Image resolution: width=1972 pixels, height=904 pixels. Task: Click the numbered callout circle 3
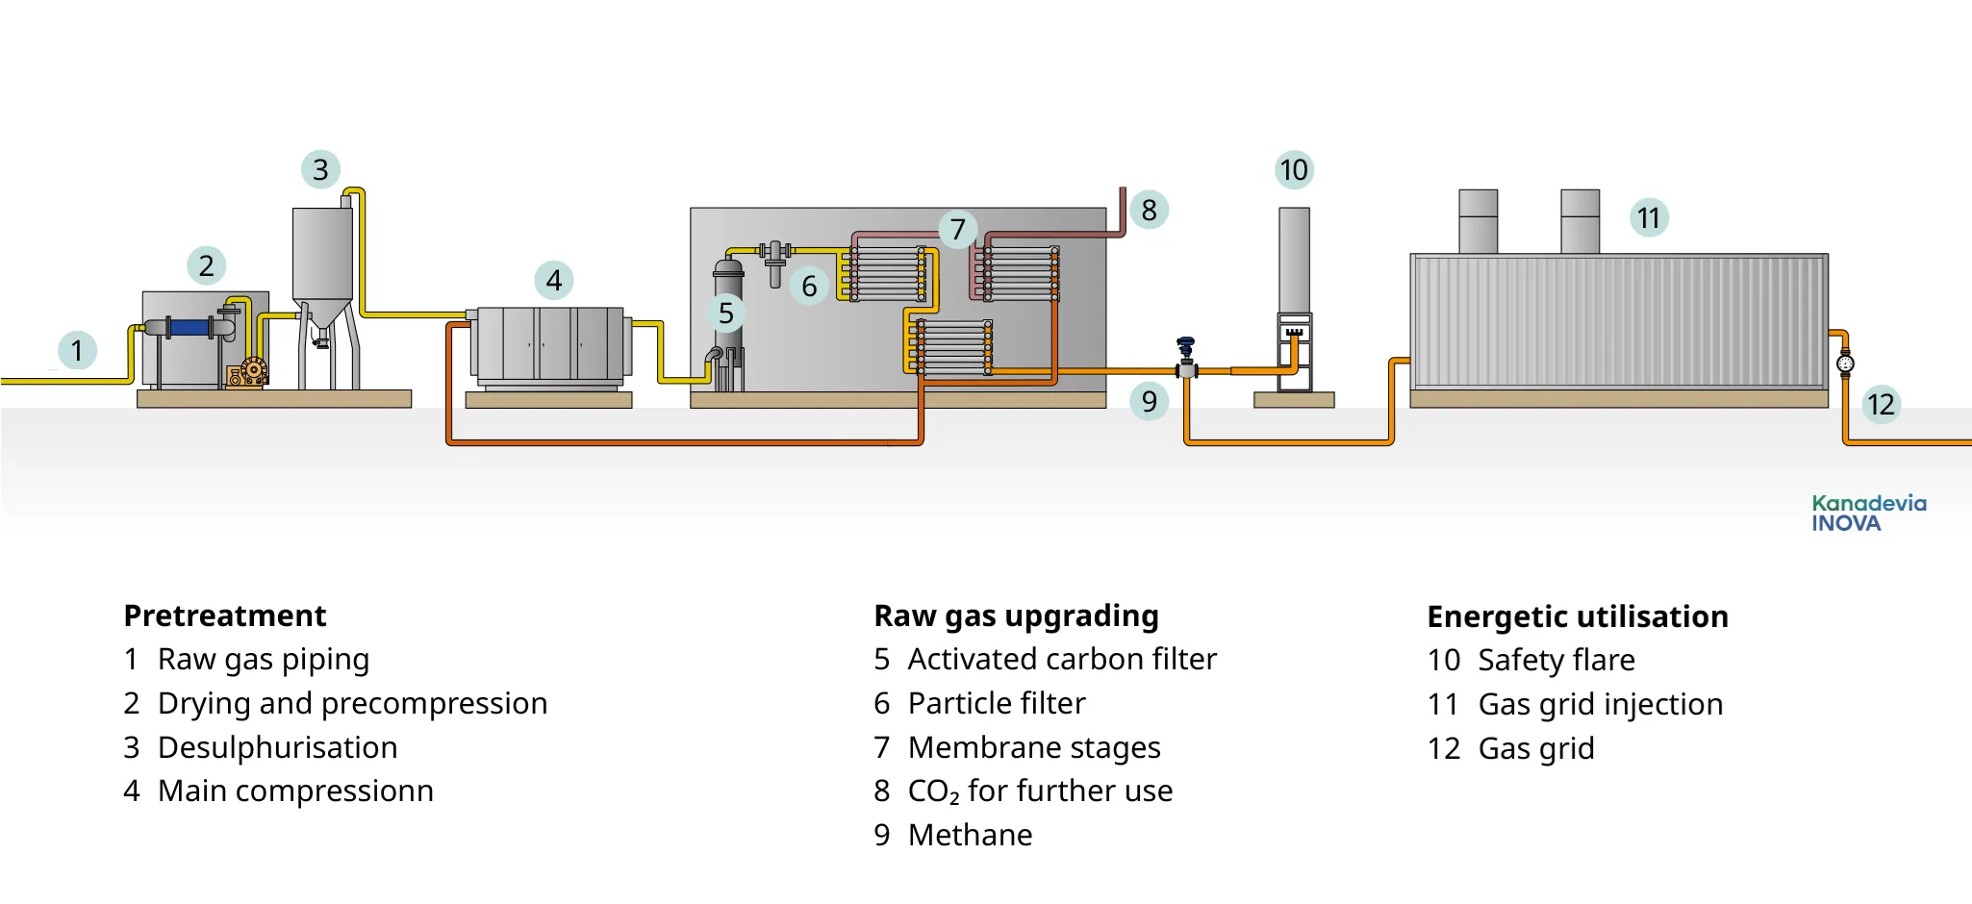[x=320, y=169]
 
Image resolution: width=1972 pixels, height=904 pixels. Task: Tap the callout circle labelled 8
[x=1149, y=210]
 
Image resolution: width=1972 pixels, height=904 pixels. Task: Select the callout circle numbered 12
[x=1881, y=404]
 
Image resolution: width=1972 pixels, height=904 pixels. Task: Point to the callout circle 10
[x=1294, y=170]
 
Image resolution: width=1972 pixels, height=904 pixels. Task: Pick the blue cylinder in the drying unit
[x=190, y=328]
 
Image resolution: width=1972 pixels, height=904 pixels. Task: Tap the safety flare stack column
[x=1294, y=260]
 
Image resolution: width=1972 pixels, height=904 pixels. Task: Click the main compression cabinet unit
[x=549, y=344]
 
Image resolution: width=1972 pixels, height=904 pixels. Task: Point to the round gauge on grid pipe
[x=1844, y=364]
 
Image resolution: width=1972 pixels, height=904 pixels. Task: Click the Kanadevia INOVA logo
[x=1868, y=514]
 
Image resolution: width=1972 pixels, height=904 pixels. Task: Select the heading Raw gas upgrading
[x=1016, y=615]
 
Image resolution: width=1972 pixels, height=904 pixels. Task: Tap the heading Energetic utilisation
[x=1577, y=616]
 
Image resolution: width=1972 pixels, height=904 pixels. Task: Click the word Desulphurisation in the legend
[x=277, y=747]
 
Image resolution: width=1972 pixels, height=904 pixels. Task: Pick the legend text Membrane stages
[x=1034, y=747]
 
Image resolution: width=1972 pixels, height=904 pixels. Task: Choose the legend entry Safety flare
[x=1555, y=660]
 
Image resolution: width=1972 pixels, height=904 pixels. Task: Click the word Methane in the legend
[x=970, y=835]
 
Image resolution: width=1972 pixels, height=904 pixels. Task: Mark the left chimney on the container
[x=1478, y=222]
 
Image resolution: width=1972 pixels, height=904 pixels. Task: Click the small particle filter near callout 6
[x=775, y=264]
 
